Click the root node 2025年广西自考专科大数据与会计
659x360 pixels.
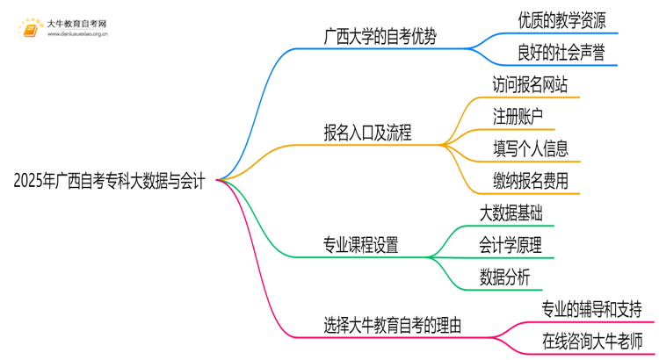click(110, 182)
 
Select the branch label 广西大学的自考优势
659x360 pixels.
click(380, 37)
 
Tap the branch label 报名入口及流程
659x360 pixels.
click(368, 134)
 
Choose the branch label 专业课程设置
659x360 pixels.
click(360, 246)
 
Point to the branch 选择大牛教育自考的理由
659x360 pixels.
click(393, 326)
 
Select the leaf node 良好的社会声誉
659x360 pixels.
click(561, 54)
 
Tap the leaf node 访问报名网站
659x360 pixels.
click(530, 86)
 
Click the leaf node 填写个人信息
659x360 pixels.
click(530, 149)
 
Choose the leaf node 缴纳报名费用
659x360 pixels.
click(530, 182)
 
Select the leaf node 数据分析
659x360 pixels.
click(505, 277)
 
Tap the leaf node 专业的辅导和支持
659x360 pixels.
click(592, 310)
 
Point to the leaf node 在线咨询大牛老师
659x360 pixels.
click(592, 342)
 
